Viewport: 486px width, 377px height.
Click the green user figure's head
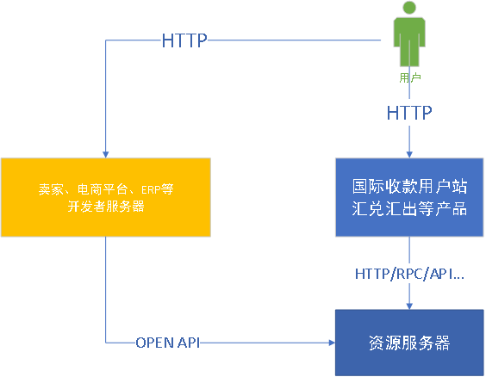click(x=409, y=8)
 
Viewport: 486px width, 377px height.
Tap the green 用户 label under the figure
click(x=410, y=77)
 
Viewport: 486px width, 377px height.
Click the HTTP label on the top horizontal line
click(x=184, y=40)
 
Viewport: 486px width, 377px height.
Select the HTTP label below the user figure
click(x=409, y=113)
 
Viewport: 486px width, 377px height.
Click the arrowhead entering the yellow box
click(x=106, y=154)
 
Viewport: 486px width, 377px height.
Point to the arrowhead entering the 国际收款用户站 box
click(x=409, y=154)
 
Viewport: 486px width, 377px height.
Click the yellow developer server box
click(x=106, y=197)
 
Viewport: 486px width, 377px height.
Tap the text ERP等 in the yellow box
click(x=158, y=189)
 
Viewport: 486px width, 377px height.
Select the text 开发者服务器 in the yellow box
click(x=106, y=206)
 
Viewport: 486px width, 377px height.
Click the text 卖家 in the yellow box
click(x=51, y=189)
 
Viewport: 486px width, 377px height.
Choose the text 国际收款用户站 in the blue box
click(x=409, y=186)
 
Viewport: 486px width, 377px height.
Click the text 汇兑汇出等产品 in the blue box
click(x=409, y=208)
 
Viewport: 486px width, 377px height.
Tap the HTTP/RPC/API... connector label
click(x=409, y=274)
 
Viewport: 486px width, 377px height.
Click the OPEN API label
click(x=168, y=343)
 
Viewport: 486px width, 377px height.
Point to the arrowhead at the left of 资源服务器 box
click(x=332, y=343)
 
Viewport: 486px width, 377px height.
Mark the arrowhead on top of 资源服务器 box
click(x=409, y=306)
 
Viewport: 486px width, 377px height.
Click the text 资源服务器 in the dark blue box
click(x=409, y=343)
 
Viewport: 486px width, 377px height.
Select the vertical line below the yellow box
click(x=106, y=290)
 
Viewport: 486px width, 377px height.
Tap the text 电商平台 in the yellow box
click(x=103, y=189)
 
